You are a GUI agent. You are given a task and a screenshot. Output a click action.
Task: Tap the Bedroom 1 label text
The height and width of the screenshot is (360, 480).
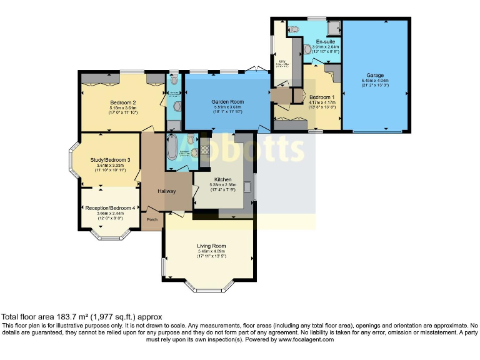[x=322, y=97]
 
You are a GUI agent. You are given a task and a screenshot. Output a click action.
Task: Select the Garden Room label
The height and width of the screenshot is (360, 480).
[x=227, y=101]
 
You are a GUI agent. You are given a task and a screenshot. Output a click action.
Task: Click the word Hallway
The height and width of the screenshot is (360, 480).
[x=166, y=191]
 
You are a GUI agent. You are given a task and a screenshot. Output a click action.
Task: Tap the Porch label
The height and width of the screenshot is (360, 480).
[x=151, y=219]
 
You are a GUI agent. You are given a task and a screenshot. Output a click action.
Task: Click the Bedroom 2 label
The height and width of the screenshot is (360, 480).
[x=123, y=102]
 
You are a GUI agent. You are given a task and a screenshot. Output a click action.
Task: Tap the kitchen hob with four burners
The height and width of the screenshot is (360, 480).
[x=203, y=151]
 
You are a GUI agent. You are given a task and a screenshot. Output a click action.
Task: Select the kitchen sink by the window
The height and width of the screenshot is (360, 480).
[x=249, y=186]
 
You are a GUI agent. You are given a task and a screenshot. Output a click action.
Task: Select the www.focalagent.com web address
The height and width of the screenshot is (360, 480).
[x=306, y=339]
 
